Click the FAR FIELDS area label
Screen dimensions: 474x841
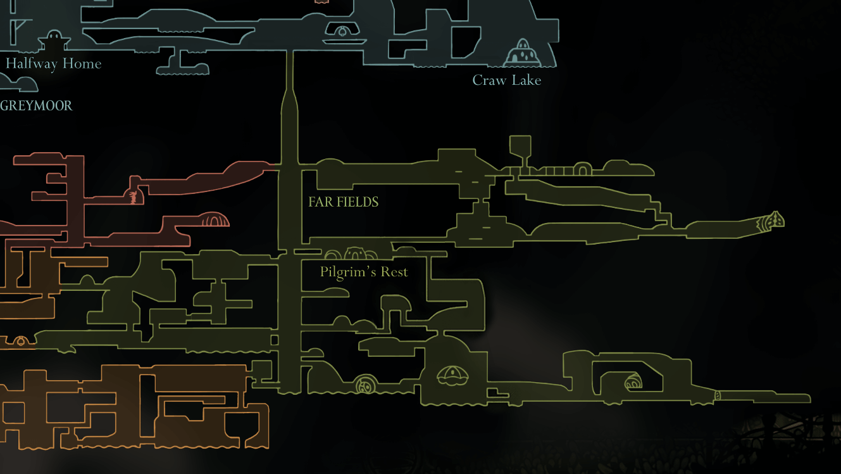tap(344, 202)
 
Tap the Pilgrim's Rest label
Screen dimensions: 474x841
tap(364, 272)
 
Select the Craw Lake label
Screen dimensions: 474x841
tap(506, 80)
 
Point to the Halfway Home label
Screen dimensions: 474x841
tap(54, 63)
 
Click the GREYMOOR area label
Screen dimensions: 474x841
tap(36, 106)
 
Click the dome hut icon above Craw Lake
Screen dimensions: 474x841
tap(523, 53)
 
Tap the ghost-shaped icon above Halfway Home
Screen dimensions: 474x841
tap(53, 41)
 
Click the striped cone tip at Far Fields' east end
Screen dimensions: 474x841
tap(771, 221)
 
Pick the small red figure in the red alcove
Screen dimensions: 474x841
tap(133, 197)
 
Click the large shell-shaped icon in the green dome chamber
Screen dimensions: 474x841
tap(452, 375)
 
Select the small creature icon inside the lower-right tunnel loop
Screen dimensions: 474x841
tap(633, 383)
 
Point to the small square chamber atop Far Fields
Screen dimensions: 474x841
tap(520, 145)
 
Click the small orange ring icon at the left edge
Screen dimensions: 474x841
tap(20, 342)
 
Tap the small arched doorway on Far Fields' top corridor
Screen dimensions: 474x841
tap(582, 169)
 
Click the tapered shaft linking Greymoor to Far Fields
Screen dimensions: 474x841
tap(290, 114)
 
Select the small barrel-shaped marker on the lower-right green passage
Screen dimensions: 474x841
tap(717, 395)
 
